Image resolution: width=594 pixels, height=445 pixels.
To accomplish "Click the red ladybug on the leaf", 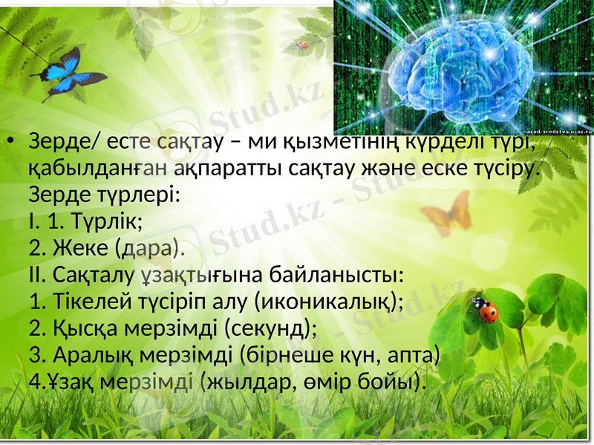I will [487, 310].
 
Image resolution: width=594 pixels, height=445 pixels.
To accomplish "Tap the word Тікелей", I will [91, 301].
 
